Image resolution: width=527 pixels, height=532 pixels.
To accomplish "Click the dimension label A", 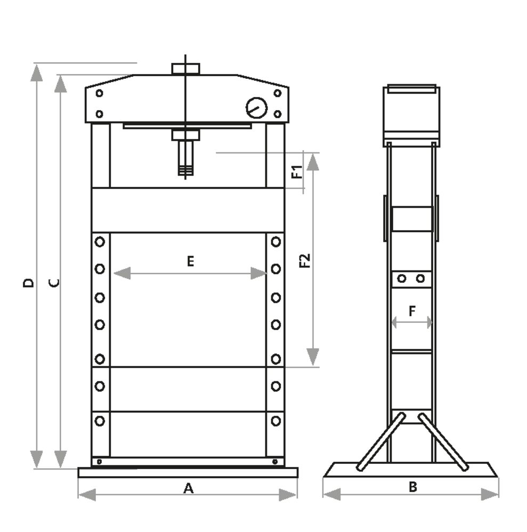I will pos(188,488).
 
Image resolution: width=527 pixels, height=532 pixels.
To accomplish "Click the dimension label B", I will pos(412,486).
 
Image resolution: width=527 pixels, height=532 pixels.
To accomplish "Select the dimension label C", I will pos(54,282).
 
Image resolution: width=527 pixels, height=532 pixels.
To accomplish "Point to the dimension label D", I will pos(29,282).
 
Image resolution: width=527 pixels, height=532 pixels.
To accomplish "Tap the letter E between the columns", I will pos(190,261).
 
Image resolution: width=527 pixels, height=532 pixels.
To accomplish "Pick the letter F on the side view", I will pos(412,312).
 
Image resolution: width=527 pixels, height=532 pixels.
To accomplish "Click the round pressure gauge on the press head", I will pos(256,108).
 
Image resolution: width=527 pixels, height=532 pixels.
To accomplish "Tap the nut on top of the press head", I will pos(185,69).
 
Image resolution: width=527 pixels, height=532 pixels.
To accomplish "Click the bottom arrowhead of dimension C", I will pos(61,459).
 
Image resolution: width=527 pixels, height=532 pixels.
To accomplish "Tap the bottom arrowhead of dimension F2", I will pos(313,356).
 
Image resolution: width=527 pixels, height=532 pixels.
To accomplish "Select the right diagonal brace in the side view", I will pos(443,441).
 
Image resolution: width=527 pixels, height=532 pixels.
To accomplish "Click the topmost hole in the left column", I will pos(100,242).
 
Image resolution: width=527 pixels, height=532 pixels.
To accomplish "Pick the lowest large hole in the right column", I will pos(275,421).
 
